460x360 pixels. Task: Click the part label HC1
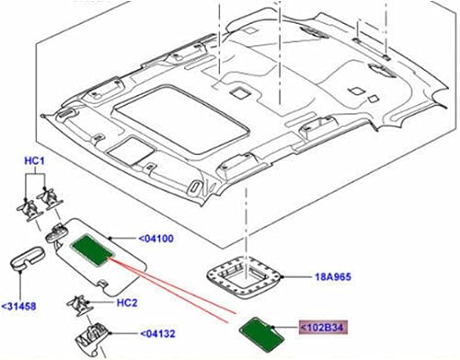(x=34, y=162)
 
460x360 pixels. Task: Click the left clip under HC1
(x=27, y=204)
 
